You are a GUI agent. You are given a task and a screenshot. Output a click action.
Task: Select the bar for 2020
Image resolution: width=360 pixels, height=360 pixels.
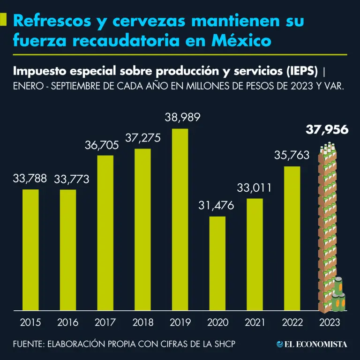(217, 263)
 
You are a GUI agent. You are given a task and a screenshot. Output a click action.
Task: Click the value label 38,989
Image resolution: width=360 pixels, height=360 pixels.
(183, 117)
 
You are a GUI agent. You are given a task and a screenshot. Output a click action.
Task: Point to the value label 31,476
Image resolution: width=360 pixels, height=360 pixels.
(217, 205)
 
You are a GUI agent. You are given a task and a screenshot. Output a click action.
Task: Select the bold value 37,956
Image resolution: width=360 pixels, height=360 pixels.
(327, 130)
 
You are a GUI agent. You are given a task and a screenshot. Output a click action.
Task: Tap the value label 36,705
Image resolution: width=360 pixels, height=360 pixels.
(102, 145)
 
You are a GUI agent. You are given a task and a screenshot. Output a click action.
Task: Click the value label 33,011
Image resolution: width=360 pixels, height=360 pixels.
(255, 188)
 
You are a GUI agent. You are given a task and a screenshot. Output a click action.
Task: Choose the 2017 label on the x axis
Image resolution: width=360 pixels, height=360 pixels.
(105, 322)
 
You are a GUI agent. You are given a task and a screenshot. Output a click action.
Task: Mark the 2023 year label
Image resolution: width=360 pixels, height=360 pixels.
(330, 322)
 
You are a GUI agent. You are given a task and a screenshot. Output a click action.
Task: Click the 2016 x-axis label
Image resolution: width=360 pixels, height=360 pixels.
(68, 322)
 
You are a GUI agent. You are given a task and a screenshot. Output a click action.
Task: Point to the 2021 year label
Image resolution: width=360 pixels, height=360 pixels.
(255, 322)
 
